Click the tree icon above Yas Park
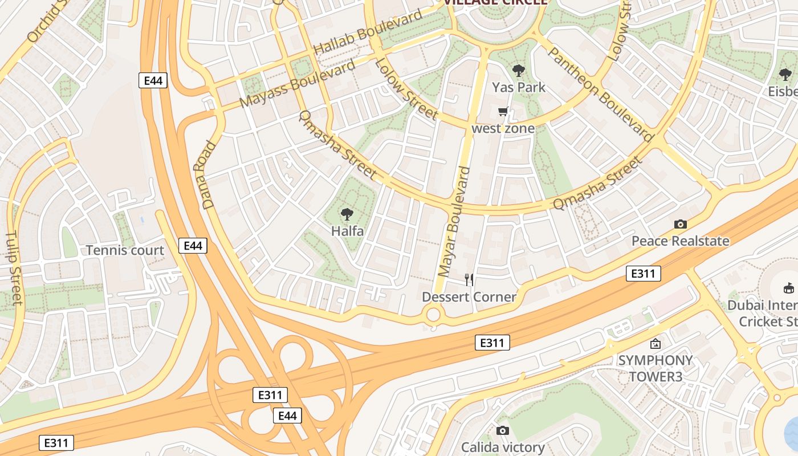(518, 71)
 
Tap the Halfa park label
(347, 231)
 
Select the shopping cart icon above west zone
(503, 112)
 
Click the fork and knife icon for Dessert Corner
(469, 279)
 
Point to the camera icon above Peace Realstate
(680, 224)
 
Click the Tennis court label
(125, 250)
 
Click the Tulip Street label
(14, 268)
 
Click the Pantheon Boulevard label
(600, 94)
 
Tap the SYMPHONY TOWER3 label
(655, 368)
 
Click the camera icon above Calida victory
(502, 430)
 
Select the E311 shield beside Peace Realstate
(643, 274)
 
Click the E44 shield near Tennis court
(193, 246)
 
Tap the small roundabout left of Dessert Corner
(433, 314)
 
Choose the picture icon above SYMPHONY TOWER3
(655, 344)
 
